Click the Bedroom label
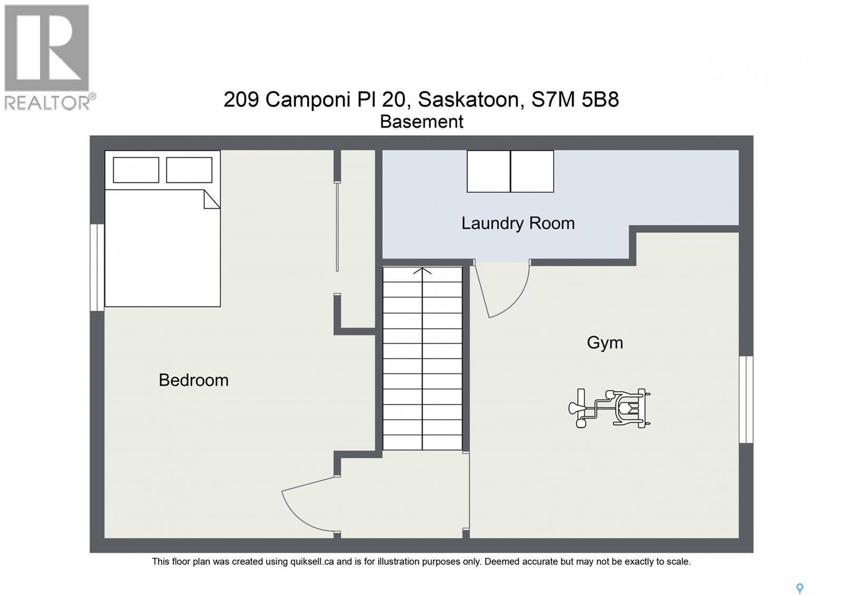(193, 380)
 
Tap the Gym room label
(605, 343)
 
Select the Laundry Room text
(518, 223)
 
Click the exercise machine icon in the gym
(610, 408)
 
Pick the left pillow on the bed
(136, 170)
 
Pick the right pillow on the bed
(189, 170)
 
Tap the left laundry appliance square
(488, 171)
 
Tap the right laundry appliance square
(532, 171)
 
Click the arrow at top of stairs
(422, 271)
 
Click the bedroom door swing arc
(306, 505)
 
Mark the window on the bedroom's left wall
(97, 267)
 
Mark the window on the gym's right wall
(746, 399)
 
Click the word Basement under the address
(421, 122)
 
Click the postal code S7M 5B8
(575, 100)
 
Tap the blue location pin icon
(799, 588)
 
